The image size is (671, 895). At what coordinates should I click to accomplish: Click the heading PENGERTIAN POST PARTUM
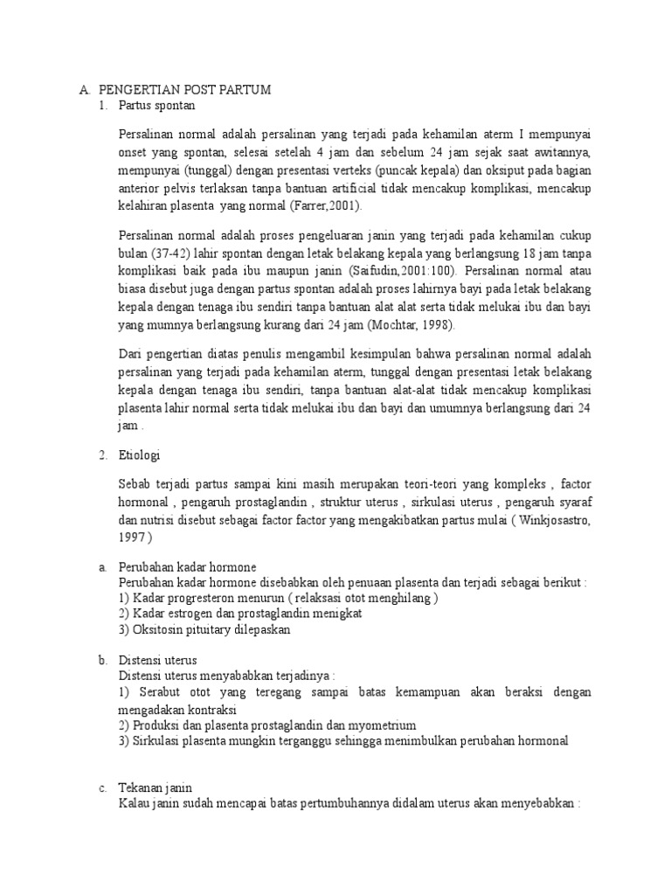185,90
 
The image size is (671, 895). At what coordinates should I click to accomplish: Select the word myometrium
380,725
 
